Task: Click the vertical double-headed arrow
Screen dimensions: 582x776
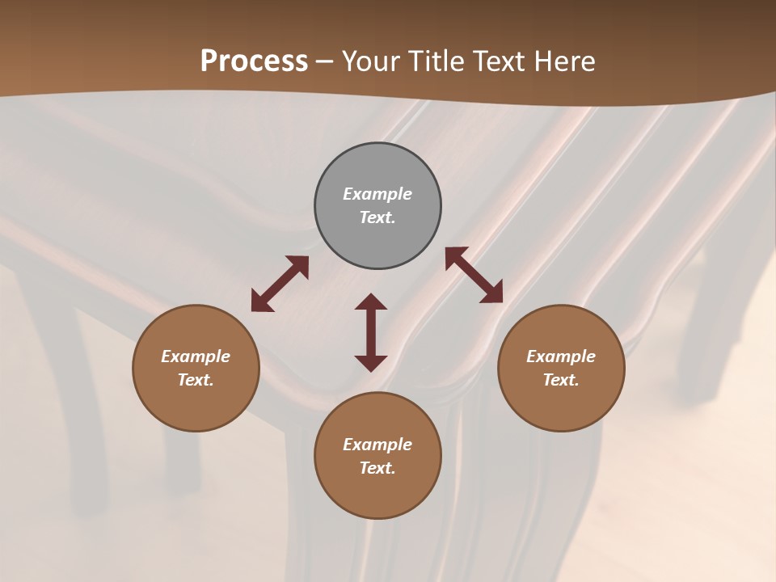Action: click(x=371, y=332)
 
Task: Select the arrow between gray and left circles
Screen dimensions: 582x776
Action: click(x=280, y=283)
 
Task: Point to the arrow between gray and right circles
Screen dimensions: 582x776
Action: click(x=474, y=275)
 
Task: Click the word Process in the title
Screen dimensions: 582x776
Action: click(x=254, y=61)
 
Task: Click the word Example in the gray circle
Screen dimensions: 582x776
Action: click(x=377, y=194)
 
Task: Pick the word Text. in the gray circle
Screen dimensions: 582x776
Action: click(x=377, y=217)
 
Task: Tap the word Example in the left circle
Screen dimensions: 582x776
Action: click(x=196, y=356)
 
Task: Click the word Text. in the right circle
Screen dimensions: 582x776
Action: click(x=561, y=380)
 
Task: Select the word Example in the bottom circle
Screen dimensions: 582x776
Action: click(x=377, y=445)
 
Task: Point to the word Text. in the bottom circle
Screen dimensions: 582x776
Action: click(x=377, y=468)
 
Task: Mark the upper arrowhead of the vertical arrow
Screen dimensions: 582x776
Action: click(x=371, y=302)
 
